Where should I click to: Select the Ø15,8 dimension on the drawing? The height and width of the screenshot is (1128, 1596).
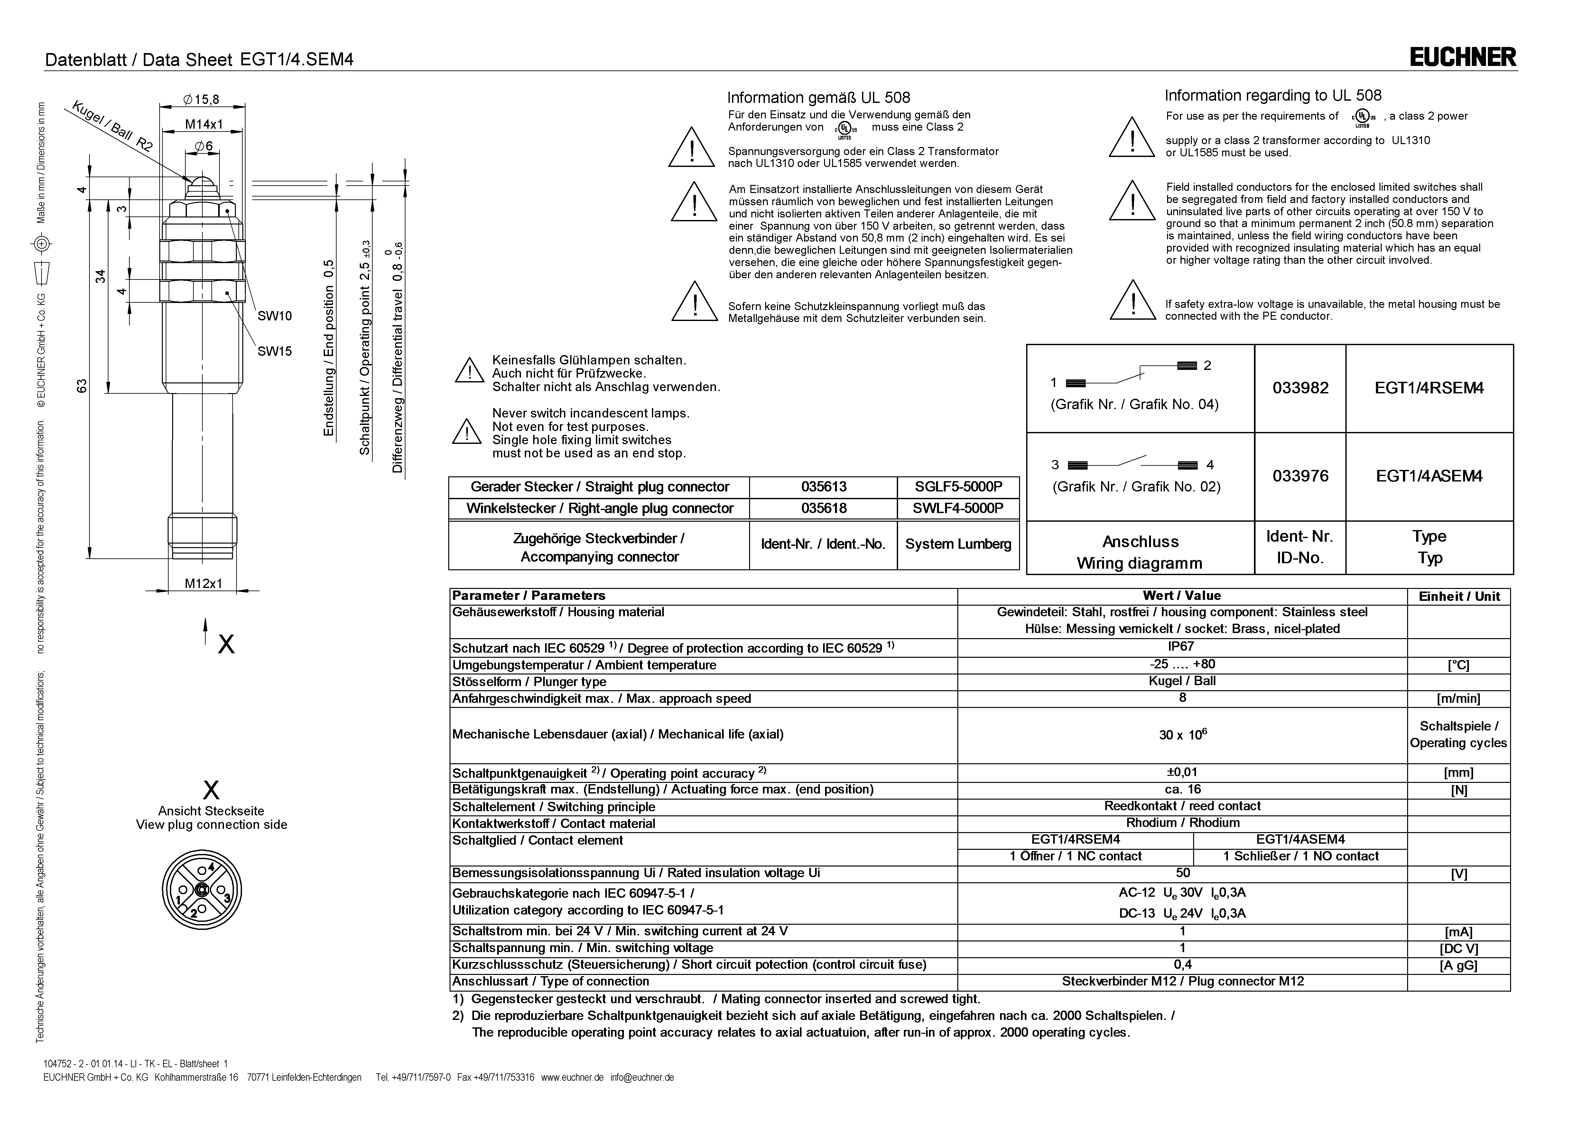point(201,99)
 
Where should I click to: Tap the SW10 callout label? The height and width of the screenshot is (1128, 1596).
point(274,316)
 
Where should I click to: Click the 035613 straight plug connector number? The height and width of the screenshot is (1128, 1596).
point(824,487)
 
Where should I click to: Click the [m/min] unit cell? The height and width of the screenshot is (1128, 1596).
point(1458,699)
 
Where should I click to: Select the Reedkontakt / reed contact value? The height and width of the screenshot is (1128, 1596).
point(1182,806)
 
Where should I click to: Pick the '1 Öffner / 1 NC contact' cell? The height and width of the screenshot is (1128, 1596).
point(1075,856)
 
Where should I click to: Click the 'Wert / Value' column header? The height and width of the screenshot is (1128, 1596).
point(1182,596)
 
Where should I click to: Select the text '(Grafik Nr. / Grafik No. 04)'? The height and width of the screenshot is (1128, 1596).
point(1135,405)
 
